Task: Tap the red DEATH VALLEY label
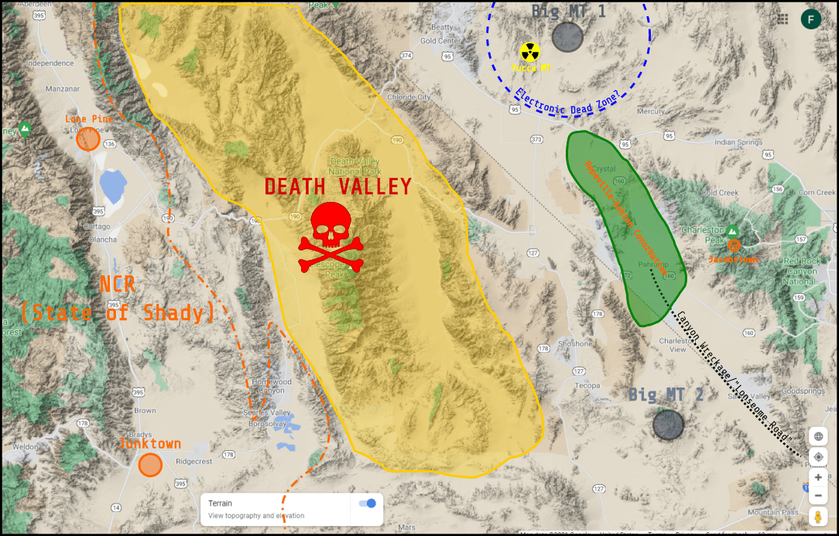338,186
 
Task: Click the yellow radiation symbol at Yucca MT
529,52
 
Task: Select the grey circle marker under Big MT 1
567,37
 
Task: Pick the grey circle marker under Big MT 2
668,424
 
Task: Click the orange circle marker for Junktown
150,465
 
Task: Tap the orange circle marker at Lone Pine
88,138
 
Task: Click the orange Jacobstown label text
733,260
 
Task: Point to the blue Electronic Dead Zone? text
567,103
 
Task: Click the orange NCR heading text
118,285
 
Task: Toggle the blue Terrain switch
368,504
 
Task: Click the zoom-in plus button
818,477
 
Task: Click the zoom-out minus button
818,496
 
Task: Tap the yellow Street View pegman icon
817,517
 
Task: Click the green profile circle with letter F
811,19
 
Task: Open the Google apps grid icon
783,19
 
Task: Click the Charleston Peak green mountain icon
731,230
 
